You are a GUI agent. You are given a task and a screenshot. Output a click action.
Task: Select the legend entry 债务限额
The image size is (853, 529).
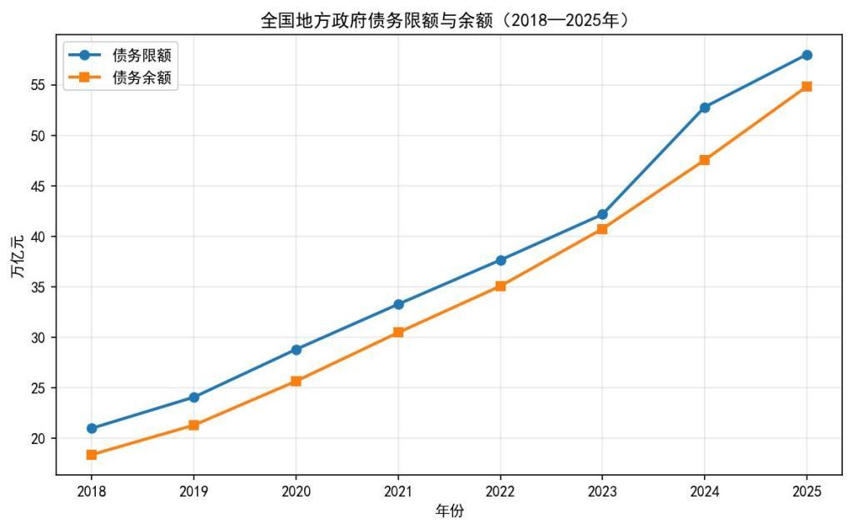(147, 56)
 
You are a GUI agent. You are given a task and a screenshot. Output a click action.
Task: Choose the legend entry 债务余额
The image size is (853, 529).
(147, 78)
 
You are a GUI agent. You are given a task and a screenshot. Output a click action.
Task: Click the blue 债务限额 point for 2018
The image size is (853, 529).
(92, 428)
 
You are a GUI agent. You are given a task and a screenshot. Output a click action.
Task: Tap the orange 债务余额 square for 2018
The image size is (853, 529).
(92, 455)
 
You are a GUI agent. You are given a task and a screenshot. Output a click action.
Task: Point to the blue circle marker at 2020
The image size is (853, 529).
(296, 350)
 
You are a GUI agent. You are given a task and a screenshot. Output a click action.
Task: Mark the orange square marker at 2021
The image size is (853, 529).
(398, 332)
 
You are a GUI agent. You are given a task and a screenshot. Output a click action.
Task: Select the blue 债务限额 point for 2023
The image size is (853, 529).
(602, 215)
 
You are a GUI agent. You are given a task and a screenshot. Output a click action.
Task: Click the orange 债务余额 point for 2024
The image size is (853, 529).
(705, 160)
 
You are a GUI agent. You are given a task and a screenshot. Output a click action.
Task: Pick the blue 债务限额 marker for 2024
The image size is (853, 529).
(705, 107)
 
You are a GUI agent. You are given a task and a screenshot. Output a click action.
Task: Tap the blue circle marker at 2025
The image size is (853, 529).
(806, 55)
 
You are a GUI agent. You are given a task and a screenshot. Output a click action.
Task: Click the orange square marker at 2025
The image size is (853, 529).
(806, 87)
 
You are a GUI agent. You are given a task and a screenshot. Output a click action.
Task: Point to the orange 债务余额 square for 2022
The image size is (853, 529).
(501, 286)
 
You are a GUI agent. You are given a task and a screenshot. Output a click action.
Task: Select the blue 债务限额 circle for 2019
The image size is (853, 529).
(194, 397)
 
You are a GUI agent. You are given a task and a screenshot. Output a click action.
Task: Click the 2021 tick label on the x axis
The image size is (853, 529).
(398, 492)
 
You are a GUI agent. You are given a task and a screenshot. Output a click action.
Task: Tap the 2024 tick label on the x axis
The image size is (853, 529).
(705, 492)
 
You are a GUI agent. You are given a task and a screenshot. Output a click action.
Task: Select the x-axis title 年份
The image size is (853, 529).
(449, 512)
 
